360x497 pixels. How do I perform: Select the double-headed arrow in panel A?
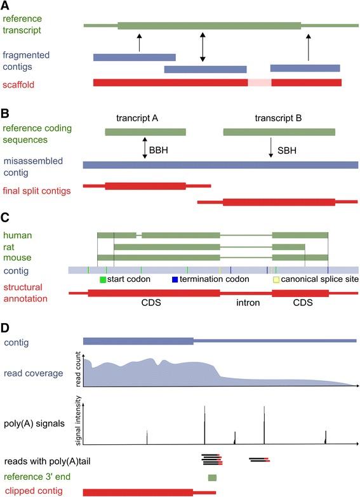[x=203, y=47]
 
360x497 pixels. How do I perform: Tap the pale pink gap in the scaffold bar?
[x=259, y=83]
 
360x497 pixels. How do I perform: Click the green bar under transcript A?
[x=145, y=132]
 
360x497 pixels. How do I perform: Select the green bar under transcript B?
[x=279, y=132]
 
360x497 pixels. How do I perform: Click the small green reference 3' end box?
[x=212, y=477]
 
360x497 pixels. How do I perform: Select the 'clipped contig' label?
[x=30, y=491]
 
